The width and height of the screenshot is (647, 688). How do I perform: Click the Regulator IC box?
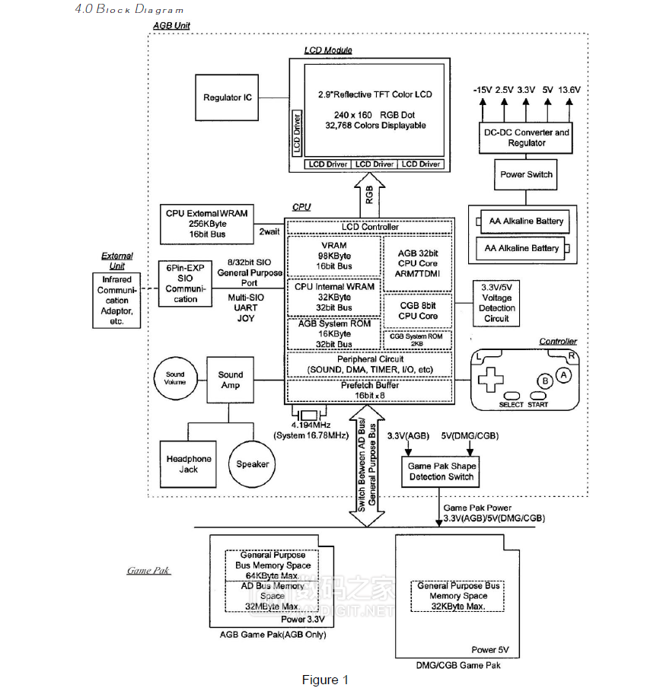227,98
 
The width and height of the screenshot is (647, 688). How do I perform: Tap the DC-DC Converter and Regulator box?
526,138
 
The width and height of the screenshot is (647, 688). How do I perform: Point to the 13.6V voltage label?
569,90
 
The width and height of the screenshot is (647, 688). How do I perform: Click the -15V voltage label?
482,90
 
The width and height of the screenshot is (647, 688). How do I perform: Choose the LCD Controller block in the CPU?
370,227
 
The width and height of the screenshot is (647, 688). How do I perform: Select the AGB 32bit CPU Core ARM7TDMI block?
418,263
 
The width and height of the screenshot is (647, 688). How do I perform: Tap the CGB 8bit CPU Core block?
418,311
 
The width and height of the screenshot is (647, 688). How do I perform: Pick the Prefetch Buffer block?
370,390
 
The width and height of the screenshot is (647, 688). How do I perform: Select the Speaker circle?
252,464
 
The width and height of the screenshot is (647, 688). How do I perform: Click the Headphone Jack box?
189,464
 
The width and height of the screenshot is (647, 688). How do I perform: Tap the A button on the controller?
563,374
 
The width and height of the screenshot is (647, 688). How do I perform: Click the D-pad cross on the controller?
488,379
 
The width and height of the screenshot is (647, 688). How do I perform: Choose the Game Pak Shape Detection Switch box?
441,472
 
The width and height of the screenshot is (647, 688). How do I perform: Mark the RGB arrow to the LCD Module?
370,196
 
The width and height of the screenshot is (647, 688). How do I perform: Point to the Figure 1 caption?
325,680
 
